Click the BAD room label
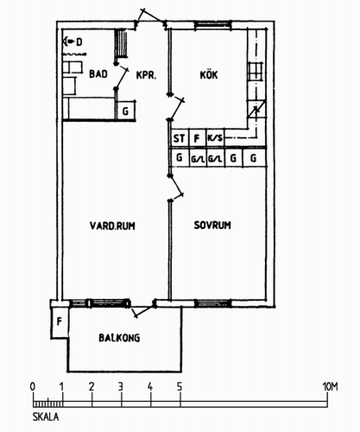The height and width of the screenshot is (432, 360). coord(98,74)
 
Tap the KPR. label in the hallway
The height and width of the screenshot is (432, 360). coord(146,75)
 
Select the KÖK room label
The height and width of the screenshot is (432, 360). coord(209,75)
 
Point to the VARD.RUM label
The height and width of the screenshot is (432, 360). coord(112,226)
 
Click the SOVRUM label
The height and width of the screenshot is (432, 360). coord(212,225)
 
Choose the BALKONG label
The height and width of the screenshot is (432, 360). coord(119,338)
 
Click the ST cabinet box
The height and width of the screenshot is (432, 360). coord(180,138)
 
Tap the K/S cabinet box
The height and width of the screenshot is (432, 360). coord(215,138)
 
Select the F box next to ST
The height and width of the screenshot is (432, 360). coord(197,138)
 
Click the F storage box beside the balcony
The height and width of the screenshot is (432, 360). coord(60,322)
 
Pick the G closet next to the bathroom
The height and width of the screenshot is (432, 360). coord(126,111)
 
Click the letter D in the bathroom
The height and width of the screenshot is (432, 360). coord(79,42)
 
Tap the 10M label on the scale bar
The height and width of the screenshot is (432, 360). coord(330,386)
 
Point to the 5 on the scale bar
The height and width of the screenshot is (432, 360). coord(180,386)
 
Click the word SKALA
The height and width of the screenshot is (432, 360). coord(46,416)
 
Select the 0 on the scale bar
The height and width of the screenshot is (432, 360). coord(33,386)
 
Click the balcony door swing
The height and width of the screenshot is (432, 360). coord(143,309)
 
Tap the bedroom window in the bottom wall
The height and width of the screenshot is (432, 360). coord(213,303)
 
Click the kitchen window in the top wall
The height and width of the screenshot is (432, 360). coord(212,25)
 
